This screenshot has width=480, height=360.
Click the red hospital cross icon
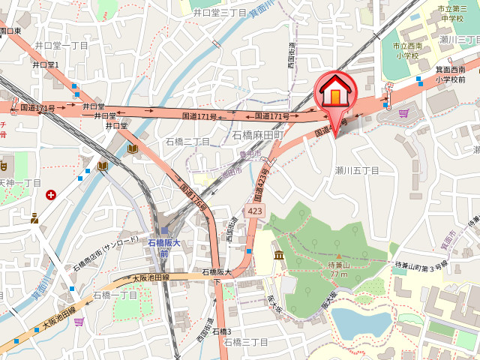50,195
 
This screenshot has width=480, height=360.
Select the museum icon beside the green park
279,257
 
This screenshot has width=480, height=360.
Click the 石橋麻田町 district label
256,135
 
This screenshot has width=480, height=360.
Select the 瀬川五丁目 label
357,171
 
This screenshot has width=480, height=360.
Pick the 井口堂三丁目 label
220,12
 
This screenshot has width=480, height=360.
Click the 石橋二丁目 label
187,141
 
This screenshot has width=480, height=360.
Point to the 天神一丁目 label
20,183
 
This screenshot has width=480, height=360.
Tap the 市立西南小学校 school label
407,51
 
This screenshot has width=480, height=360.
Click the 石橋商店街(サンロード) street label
106,256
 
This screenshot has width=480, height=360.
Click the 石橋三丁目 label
245,342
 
